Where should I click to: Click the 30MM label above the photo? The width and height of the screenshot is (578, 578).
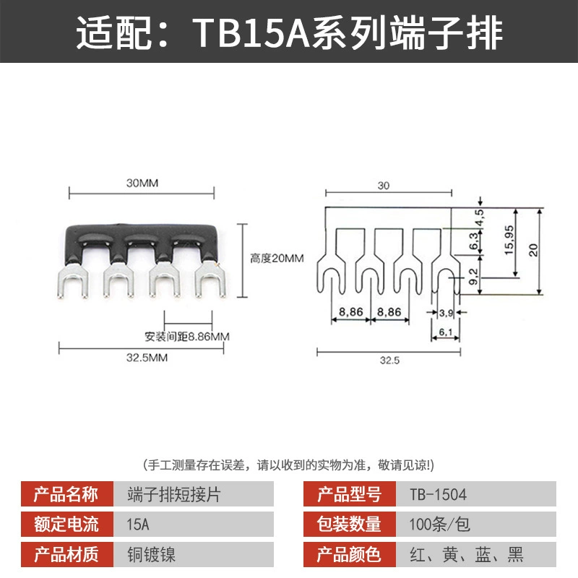(x=142, y=183)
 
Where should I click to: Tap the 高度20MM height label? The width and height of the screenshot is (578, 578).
(x=277, y=258)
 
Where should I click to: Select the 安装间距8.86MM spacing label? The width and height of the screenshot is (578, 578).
(x=187, y=337)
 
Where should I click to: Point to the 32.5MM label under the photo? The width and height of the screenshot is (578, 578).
(x=147, y=358)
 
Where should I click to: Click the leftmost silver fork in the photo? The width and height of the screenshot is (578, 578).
(x=73, y=280)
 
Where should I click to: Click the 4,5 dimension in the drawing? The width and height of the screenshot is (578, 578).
(x=479, y=217)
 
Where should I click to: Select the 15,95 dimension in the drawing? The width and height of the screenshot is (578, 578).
(x=509, y=240)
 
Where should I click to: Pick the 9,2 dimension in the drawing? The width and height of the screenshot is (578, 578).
(x=474, y=276)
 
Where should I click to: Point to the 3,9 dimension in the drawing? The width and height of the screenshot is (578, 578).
(x=446, y=313)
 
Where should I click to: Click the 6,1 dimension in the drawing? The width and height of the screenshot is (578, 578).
(x=445, y=332)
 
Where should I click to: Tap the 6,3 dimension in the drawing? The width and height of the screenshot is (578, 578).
(x=474, y=241)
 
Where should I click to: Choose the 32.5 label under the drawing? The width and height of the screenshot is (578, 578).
(x=389, y=360)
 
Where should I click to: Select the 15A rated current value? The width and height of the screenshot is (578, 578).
(x=138, y=525)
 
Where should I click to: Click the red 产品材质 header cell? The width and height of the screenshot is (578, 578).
(x=67, y=554)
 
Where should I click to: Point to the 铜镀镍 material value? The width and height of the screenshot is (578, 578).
(x=152, y=554)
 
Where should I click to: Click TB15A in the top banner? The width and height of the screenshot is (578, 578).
(x=251, y=33)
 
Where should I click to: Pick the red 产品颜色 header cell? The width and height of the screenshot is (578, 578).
(x=350, y=554)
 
